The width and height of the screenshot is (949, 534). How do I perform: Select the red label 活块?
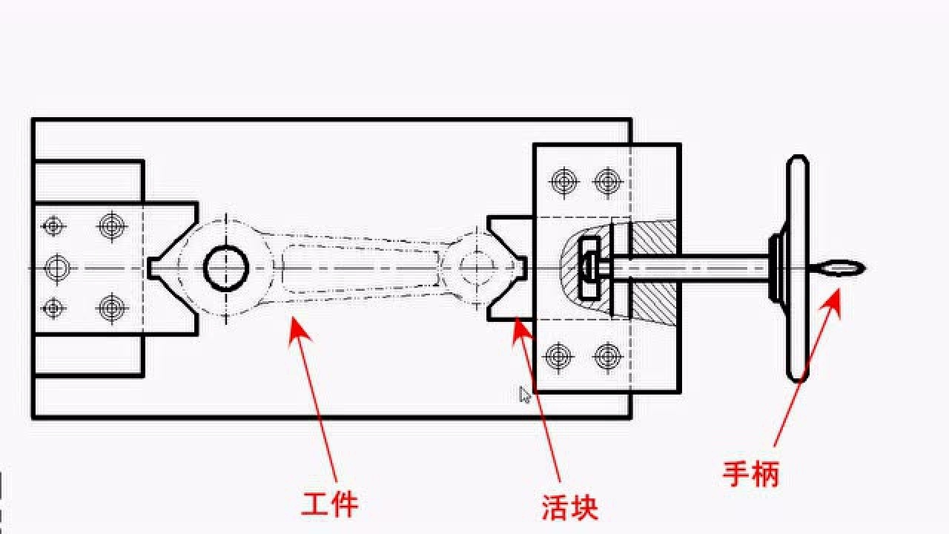coord(569,508)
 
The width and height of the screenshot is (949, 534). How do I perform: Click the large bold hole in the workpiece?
coord(226,268)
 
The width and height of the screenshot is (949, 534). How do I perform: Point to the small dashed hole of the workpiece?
coord(476,267)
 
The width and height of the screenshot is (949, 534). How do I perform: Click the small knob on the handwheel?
coord(839,268)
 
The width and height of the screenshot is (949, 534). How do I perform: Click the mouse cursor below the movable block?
coord(525,395)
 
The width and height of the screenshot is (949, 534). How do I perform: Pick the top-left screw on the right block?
coord(563,180)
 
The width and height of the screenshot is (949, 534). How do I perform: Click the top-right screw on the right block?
coord(607,180)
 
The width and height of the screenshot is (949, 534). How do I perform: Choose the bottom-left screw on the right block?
coord(559,357)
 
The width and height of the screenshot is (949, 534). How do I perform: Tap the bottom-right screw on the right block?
coord(607,357)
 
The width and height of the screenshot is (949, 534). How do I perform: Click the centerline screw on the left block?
coord(56,267)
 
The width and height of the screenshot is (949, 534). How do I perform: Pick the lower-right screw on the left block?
coord(112,308)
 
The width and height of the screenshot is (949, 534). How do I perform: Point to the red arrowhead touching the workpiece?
coord(297,327)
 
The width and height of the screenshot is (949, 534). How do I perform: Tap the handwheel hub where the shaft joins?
coord(776,268)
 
